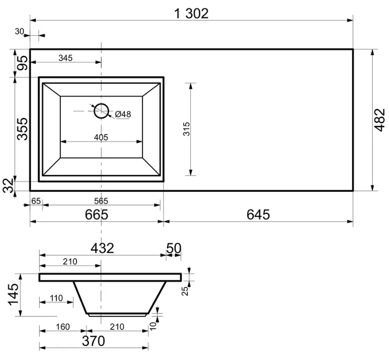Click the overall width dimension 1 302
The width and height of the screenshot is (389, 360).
tap(191, 13)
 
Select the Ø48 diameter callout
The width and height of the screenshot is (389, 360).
tap(123, 114)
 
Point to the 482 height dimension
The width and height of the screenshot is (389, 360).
tap(379, 120)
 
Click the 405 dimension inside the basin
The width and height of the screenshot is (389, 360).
tap(101, 137)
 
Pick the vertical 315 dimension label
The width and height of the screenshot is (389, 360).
tap(186, 129)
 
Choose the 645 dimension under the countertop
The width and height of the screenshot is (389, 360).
tap(258, 215)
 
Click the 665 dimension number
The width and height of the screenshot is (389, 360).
tap(97, 215)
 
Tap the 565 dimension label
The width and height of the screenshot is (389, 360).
tap(101, 201)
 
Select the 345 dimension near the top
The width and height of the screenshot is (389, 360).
tap(65, 58)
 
